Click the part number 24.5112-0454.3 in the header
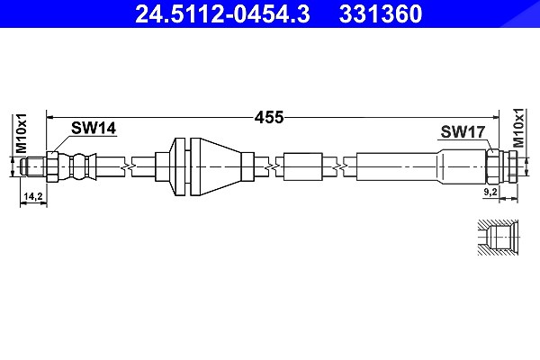[222, 13]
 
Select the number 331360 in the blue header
[381, 13]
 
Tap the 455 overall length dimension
[269, 118]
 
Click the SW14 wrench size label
[94, 128]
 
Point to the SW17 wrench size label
[463, 131]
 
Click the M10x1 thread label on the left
[21, 133]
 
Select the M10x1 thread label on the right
[518, 128]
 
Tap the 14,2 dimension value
[33, 196]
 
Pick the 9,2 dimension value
[490, 192]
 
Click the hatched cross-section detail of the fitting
[498, 238]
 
